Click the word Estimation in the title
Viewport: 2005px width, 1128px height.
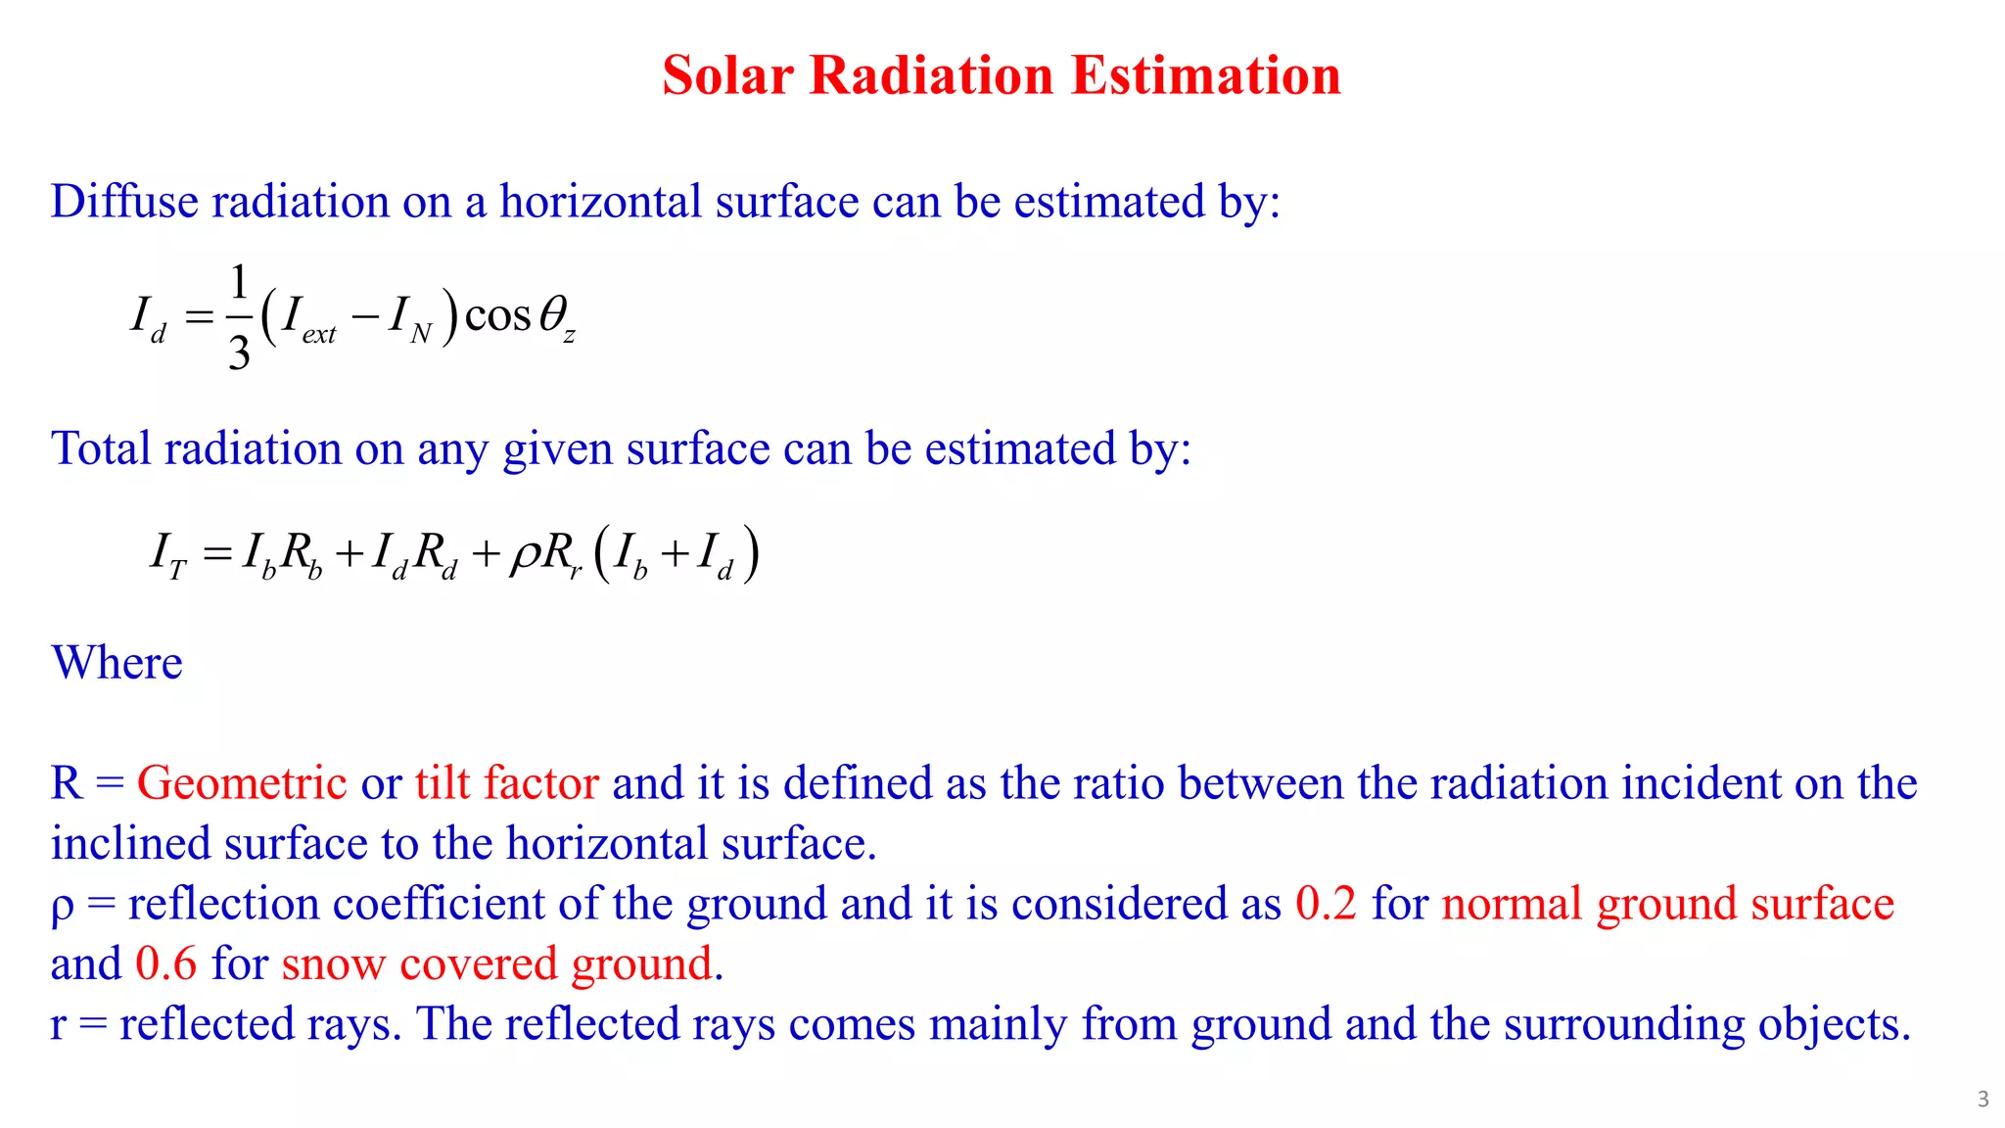pos(1205,75)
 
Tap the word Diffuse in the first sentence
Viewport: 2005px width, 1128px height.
pos(124,202)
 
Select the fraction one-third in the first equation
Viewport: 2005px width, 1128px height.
pos(239,316)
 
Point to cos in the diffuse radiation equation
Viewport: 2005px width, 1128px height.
pos(497,315)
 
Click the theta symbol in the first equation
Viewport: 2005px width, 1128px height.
pos(552,315)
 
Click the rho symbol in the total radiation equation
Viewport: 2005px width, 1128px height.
pos(525,554)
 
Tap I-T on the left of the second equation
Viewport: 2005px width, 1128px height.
pos(167,554)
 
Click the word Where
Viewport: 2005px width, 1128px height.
pos(117,663)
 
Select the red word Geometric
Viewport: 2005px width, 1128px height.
pos(242,783)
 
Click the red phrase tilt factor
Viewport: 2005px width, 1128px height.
pos(506,783)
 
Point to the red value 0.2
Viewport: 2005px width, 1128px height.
pos(1326,903)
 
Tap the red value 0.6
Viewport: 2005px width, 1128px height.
pos(165,963)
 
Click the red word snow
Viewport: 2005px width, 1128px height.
pos(333,963)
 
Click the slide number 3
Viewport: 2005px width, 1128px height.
pos(1982,1099)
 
